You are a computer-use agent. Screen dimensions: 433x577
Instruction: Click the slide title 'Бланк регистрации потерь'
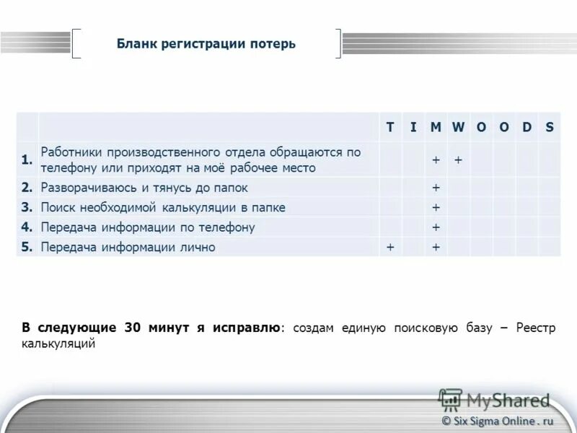[206, 44]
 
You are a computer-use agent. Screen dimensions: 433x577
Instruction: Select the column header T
[389, 127]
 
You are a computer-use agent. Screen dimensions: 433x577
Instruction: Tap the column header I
[413, 127]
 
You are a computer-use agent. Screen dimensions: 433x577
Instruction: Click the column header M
[436, 127]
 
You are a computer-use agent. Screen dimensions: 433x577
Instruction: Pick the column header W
[459, 127]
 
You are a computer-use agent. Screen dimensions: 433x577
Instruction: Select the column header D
[527, 127]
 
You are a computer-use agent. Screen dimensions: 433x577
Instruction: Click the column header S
[550, 127]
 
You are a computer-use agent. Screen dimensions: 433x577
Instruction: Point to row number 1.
[27, 160]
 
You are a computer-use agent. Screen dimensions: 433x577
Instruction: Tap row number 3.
[27, 207]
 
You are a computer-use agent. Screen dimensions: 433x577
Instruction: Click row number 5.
[27, 248]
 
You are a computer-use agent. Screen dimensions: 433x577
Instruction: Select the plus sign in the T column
[389, 248]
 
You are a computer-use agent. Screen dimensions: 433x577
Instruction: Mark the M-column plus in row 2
[436, 188]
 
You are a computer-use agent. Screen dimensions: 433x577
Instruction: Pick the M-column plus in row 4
[436, 227]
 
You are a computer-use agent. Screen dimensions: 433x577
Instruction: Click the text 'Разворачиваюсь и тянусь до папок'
[144, 188]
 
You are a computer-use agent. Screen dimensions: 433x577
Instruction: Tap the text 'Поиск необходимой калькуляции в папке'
[163, 207]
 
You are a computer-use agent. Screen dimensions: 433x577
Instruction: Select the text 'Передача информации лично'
[128, 248]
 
